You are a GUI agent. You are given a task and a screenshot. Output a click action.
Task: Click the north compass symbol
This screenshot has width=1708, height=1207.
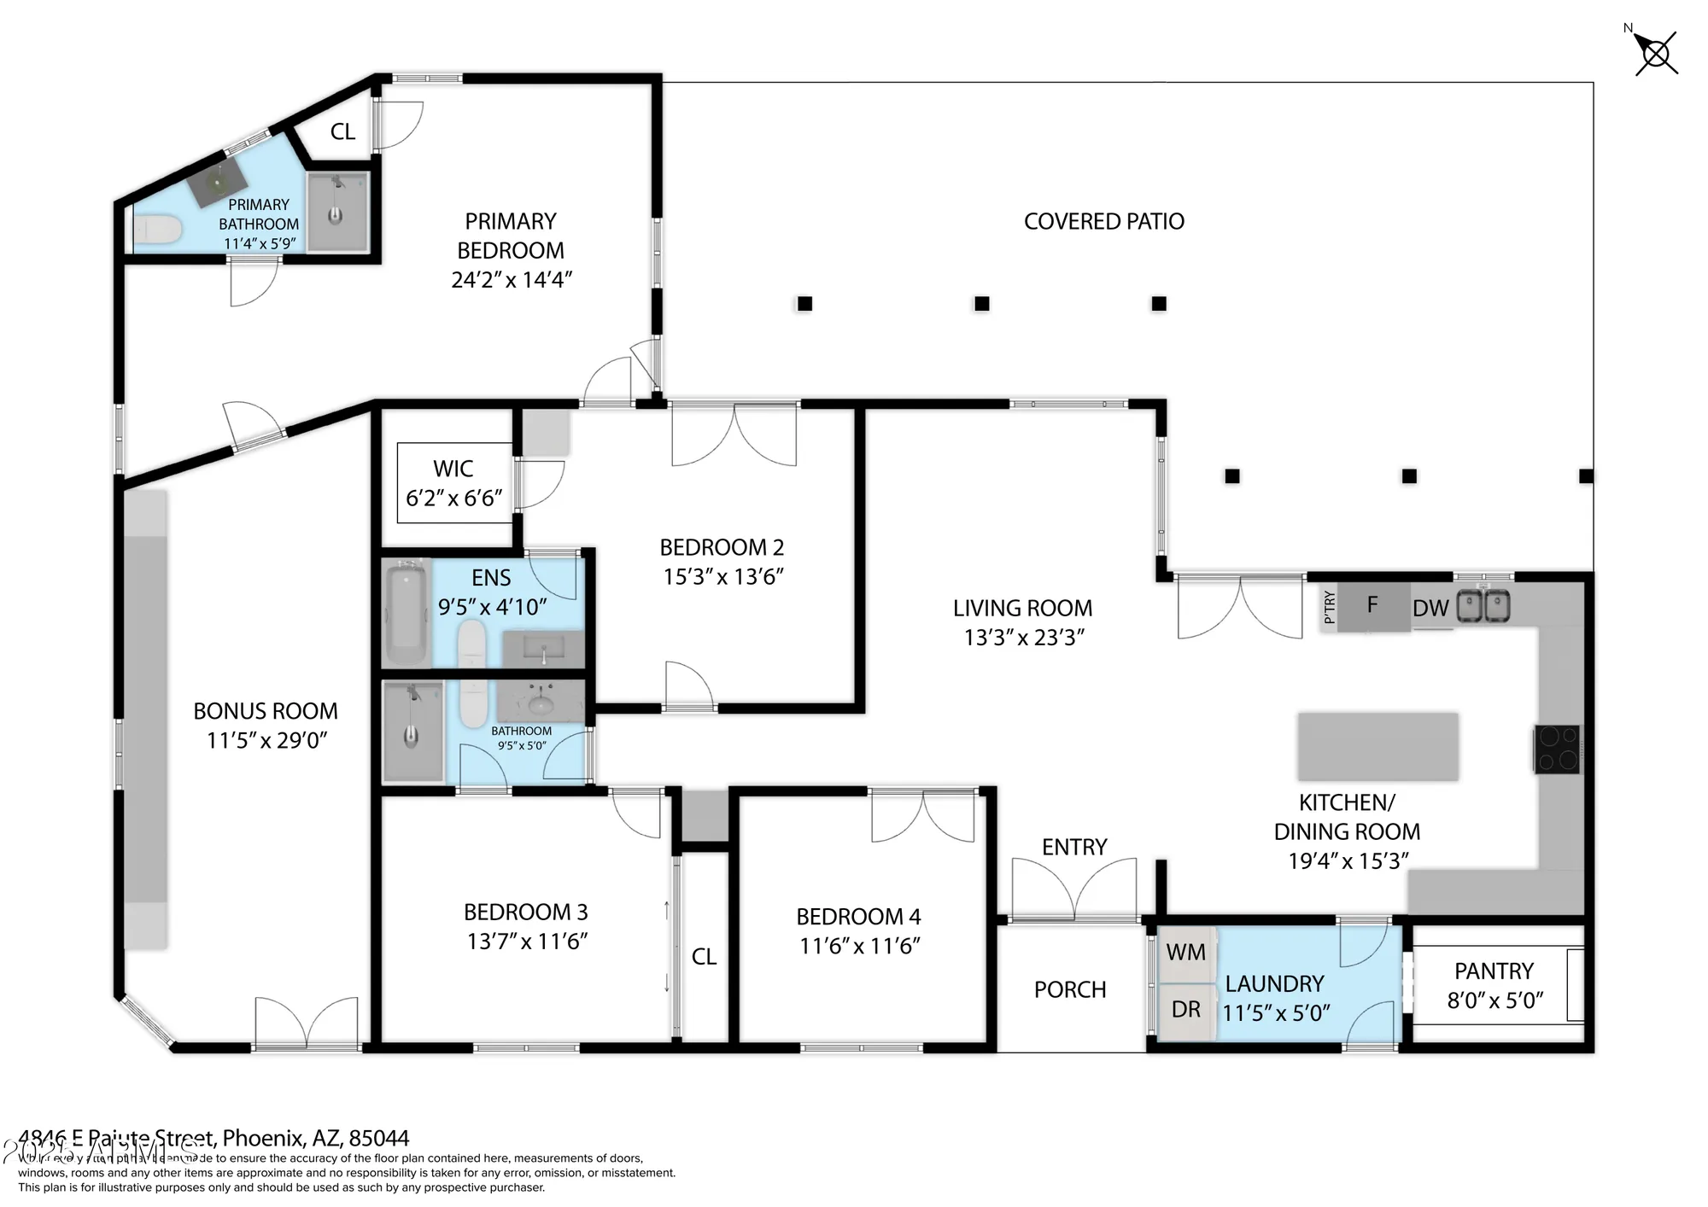[1656, 54]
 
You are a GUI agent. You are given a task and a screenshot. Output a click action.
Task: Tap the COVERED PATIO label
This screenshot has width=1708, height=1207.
[1103, 222]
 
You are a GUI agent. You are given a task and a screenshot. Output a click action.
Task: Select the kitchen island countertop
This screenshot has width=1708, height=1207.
[1378, 746]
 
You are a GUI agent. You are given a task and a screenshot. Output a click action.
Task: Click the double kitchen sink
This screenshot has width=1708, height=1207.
[1483, 606]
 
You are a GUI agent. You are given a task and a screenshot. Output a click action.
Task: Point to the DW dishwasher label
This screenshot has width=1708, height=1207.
[1430, 609]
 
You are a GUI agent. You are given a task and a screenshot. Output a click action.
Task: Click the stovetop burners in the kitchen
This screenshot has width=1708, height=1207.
[1557, 749]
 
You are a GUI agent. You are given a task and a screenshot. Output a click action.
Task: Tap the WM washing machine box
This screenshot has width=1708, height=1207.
[1185, 953]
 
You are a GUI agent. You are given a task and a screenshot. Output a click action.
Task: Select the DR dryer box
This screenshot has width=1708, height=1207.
[1185, 1010]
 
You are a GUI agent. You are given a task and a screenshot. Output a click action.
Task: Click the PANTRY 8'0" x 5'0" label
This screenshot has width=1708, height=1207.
[1494, 985]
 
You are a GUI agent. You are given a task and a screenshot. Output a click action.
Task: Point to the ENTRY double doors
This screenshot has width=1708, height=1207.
[1074, 888]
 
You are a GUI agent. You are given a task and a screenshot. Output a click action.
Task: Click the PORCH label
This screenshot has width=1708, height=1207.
[1069, 990]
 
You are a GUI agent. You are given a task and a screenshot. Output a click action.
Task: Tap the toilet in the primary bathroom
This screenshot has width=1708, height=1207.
[158, 229]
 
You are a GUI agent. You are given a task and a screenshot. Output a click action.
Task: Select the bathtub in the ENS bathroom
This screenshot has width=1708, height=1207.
[406, 612]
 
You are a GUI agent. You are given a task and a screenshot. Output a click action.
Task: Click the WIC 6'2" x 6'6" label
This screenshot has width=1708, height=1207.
[453, 483]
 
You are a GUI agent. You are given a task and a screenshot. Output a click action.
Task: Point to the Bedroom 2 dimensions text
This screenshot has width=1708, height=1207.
[723, 577]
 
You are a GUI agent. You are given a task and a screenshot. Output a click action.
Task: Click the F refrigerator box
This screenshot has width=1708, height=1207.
[1372, 606]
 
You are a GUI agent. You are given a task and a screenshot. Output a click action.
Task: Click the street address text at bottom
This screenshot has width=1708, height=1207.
[213, 1138]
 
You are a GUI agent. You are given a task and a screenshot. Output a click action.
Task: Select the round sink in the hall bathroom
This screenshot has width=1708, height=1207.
[540, 704]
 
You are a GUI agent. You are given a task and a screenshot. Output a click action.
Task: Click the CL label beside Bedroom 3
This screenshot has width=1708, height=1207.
[704, 957]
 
